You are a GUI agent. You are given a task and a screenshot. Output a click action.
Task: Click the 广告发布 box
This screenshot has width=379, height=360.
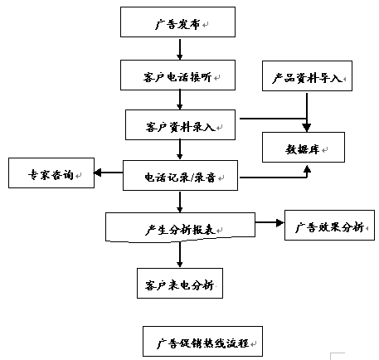[x=177, y=22]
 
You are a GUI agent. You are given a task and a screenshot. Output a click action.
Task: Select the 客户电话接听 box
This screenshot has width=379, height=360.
[x=177, y=75]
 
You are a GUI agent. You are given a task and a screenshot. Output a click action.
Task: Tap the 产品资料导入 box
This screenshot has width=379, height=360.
[x=307, y=75]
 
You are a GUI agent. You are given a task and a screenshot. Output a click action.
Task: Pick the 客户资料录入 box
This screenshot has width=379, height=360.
[x=180, y=124]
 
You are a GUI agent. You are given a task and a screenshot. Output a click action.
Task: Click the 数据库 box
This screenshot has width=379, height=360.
[x=304, y=147]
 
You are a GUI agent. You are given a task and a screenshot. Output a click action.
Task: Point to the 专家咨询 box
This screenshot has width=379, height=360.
[x=51, y=173]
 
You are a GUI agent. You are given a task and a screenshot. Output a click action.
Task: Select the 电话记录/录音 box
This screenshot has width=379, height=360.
[x=180, y=175]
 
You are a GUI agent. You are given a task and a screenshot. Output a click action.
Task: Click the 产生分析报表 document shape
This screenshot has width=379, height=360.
[x=180, y=227]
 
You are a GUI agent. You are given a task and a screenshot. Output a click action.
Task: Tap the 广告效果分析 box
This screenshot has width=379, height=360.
[x=329, y=225]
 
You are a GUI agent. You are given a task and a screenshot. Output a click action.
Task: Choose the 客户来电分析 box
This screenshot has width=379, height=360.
[x=180, y=283]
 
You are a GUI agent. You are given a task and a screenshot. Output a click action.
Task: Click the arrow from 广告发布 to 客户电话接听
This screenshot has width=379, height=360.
[x=180, y=49]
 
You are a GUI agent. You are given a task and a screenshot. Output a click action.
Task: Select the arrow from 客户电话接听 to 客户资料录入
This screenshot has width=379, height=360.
[x=180, y=100]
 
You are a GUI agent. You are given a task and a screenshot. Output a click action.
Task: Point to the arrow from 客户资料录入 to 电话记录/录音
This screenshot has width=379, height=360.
[x=180, y=149]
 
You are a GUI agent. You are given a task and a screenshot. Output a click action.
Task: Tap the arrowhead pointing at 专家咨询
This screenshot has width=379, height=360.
[x=97, y=173]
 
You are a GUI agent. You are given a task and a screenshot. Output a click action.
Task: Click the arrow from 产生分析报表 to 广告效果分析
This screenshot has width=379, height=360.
[x=270, y=222]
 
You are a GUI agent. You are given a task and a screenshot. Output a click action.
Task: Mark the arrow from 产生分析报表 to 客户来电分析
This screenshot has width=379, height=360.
[x=180, y=255]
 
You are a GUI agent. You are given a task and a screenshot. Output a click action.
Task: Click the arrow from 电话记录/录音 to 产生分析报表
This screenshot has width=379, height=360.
[x=180, y=202]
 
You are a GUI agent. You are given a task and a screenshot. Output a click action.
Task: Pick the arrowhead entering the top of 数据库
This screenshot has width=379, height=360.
[x=307, y=128]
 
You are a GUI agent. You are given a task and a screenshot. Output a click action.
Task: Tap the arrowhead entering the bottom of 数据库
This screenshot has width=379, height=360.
[x=307, y=169]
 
